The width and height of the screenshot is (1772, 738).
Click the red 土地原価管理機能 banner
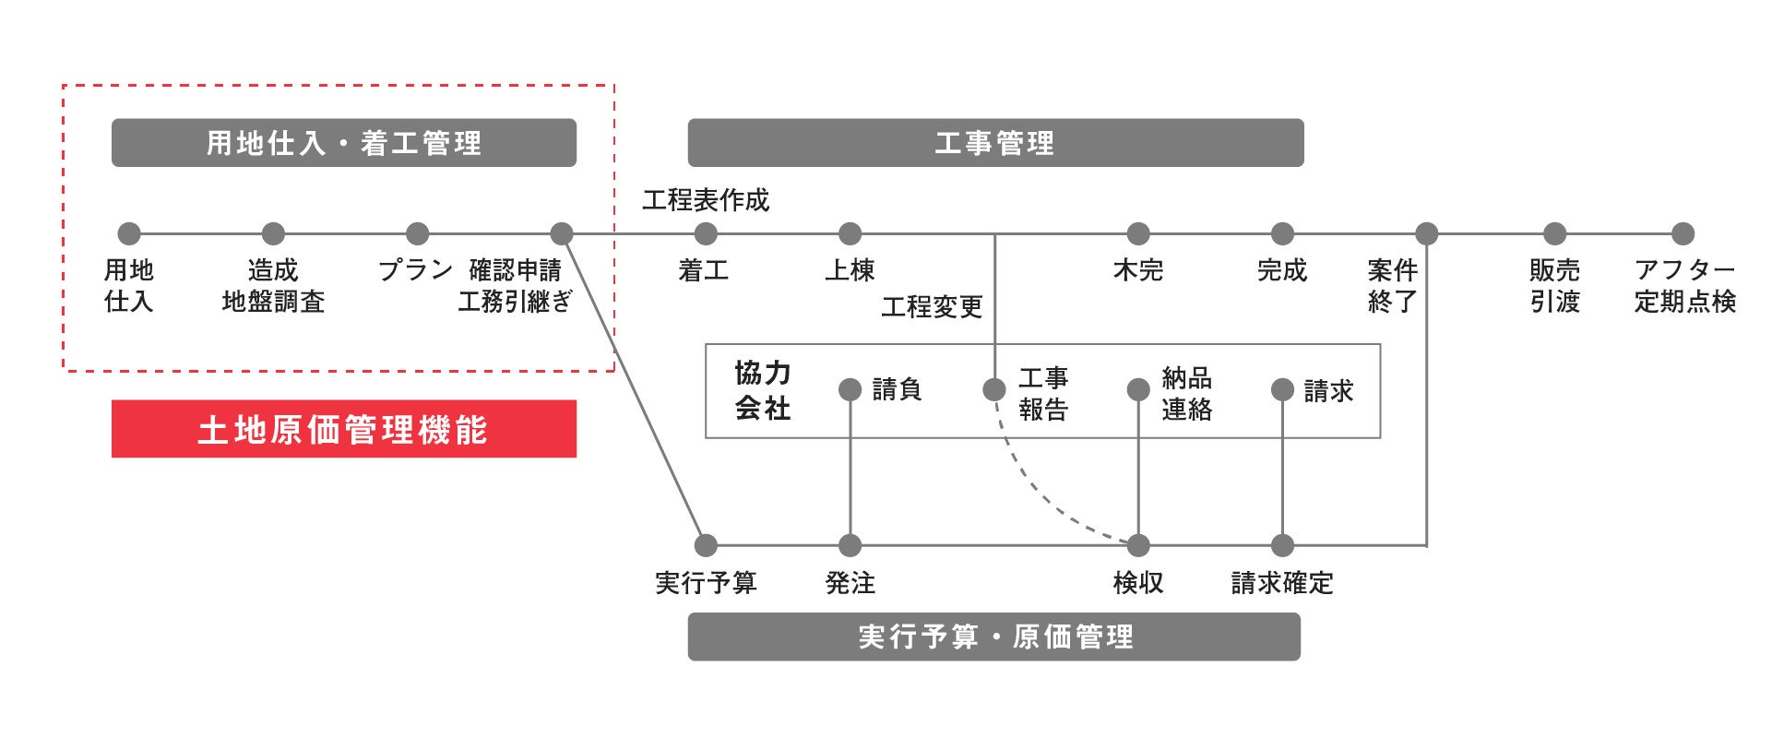click(x=343, y=429)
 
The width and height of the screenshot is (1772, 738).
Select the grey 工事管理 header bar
click(x=995, y=143)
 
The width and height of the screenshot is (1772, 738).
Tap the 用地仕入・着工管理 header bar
click(x=343, y=143)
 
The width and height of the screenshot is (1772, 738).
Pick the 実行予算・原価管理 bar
click(x=993, y=637)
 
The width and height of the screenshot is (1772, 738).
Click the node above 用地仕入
click(x=129, y=233)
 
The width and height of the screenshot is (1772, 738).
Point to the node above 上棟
click(x=850, y=233)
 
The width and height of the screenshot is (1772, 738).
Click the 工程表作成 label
click(x=706, y=200)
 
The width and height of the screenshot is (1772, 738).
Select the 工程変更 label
click(x=932, y=306)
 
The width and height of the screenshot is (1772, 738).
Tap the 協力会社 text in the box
click(x=763, y=390)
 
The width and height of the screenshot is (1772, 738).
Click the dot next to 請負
click(x=850, y=389)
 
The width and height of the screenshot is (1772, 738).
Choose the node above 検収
click(x=1138, y=545)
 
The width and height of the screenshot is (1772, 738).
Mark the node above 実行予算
click(x=706, y=545)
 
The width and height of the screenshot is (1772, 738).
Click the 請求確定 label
click(x=1282, y=583)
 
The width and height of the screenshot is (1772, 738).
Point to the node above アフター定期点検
click(x=1683, y=233)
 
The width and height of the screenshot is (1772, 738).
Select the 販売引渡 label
click(x=1554, y=286)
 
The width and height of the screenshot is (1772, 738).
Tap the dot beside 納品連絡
click(x=1138, y=389)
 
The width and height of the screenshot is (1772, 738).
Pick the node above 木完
click(x=1138, y=233)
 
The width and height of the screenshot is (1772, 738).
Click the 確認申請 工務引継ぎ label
click(x=515, y=286)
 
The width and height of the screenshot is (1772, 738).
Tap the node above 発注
click(x=850, y=545)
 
